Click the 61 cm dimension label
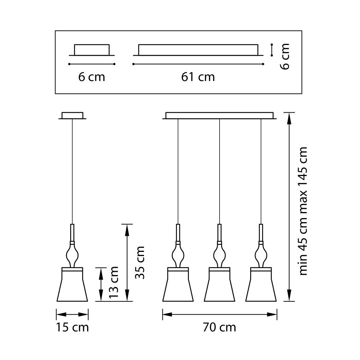[198, 77]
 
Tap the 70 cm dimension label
[219, 327]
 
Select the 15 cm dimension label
[72, 327]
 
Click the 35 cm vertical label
[140, 262]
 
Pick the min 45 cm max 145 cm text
[303, 211]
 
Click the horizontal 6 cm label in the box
[92, 77]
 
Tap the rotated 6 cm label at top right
[285, 57]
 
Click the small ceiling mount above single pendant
[72, 116]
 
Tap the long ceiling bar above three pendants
[219, 116]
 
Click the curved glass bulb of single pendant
[72, 255]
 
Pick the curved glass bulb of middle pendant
[219, 255]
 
